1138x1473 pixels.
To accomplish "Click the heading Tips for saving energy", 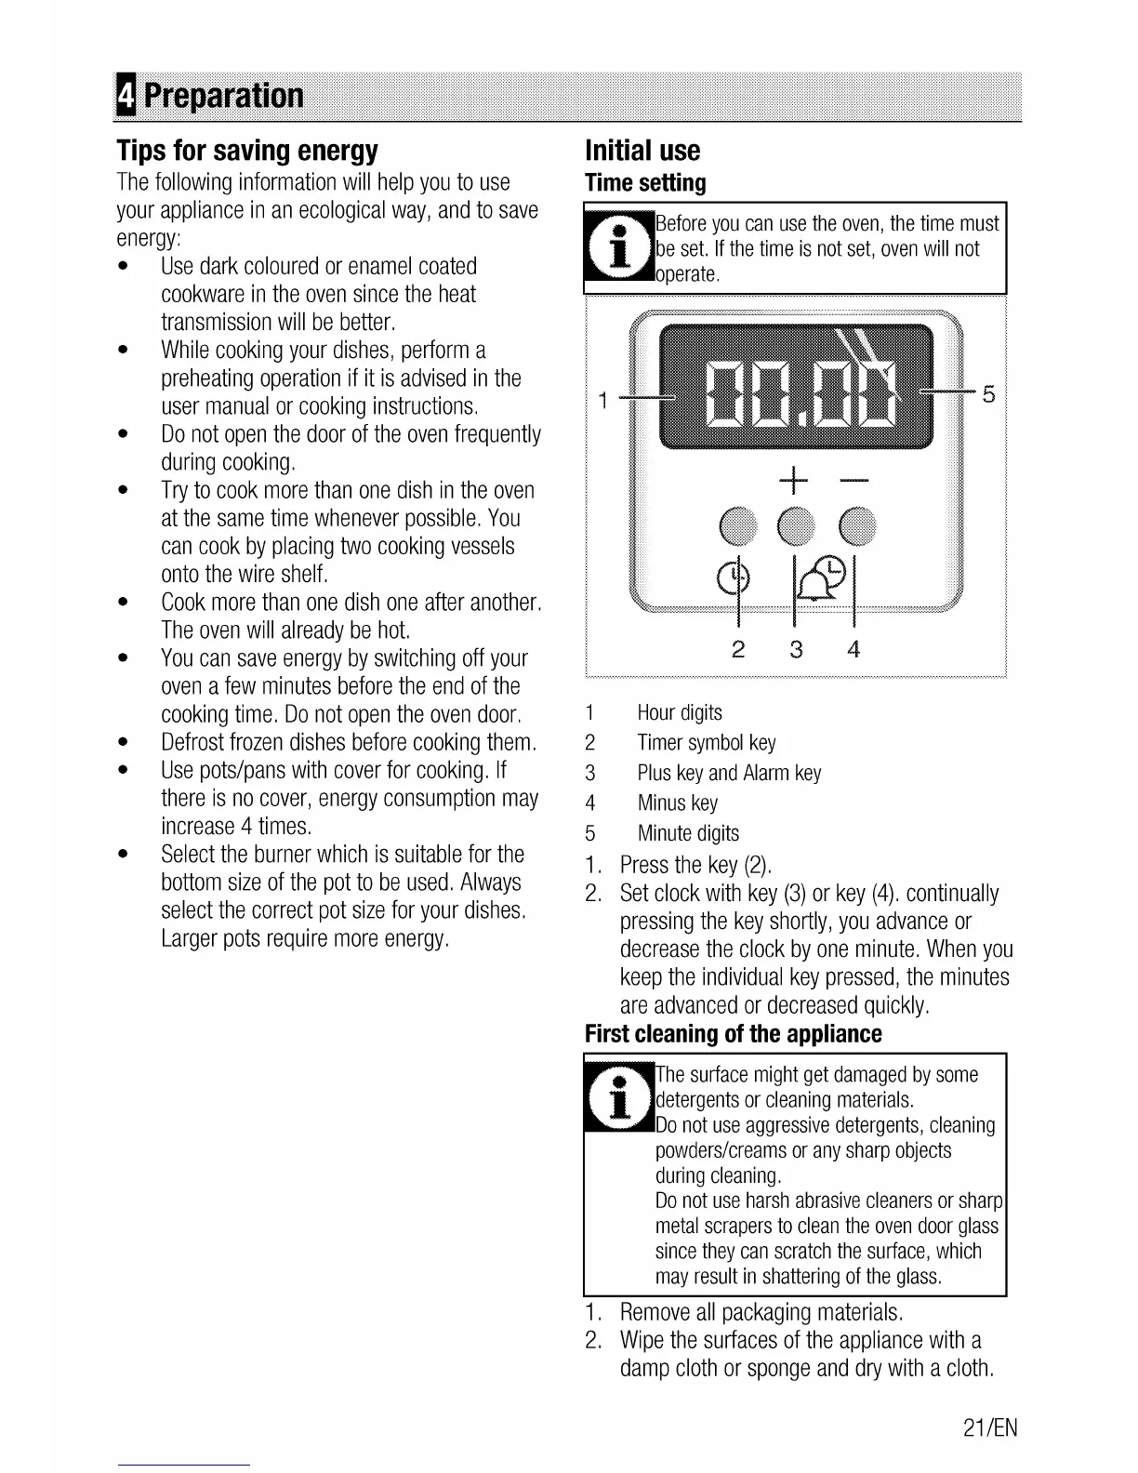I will click(247, 151).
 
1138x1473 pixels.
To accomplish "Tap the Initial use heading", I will click(642, 151).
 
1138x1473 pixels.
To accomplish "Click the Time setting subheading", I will click(645, 182).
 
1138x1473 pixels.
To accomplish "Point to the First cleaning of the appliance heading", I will click(733, 1034).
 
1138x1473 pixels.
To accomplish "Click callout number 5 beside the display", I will click(988, 394).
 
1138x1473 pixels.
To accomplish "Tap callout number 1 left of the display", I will click(602, 401).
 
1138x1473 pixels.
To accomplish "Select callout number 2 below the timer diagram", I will click(738, 649).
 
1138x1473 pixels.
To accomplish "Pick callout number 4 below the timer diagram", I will click(853, 649).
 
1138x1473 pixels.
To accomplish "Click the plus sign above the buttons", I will click(795, 481).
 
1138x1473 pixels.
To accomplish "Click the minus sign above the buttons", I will click(853, 481).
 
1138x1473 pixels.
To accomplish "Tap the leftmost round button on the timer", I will click(737, 525).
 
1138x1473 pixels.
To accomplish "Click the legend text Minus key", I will click(677, 803).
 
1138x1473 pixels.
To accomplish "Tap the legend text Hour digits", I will click(679, 713).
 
